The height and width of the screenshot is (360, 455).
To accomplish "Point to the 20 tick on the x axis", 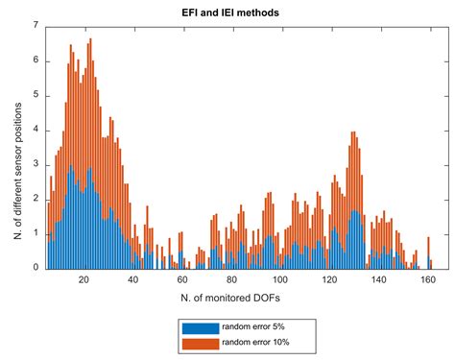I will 84,280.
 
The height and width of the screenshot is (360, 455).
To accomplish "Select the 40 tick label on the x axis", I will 133,280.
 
